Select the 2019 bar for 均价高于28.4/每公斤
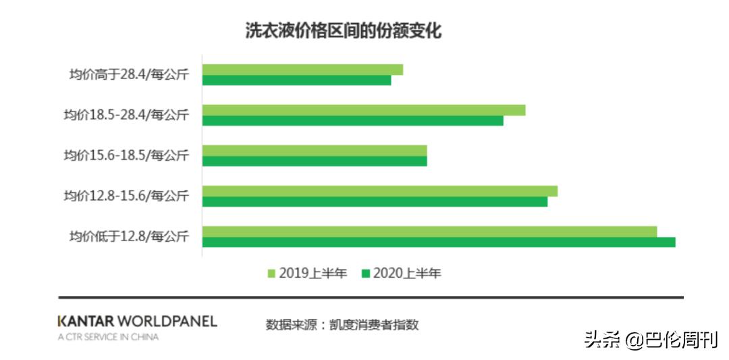[x=302, y=70]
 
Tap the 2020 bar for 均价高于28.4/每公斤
[x=296, y=80]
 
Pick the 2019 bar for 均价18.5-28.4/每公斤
[x=363, y=110]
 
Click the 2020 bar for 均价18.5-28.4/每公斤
[x=352, y=121]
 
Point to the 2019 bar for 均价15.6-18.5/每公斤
[x=315, y=151]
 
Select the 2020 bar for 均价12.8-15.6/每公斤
[x=375, y=202]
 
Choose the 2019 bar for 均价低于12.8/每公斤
[x=429, y=232]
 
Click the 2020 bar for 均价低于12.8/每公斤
[x=439, y=242]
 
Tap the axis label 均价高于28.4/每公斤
[x=128, y=75]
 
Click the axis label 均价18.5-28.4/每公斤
[x=126, y=115]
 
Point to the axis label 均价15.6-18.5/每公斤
[x=126, y=156]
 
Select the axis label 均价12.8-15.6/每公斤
[x=126, y=197]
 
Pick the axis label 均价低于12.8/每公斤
[x=128, y=237]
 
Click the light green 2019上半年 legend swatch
[x=272, y=274]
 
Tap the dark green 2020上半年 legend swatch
[x=367, y=274]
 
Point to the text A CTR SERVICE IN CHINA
[x=108, y=337]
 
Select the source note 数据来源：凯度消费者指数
[x=342, y=325]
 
